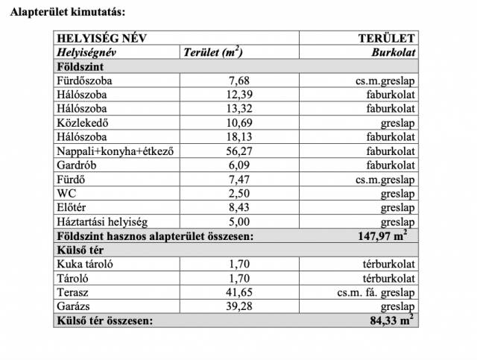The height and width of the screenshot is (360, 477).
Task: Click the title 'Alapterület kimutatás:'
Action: pyautogui.click(x=63, y=13)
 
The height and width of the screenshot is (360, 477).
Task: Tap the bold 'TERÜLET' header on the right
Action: pyautogui.click(x=387, y=40)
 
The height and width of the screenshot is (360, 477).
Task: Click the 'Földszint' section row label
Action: pyautogui.click(x=77, y=66)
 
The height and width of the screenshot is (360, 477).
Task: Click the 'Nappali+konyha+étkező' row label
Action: pyautogui.click(x=115, y=151)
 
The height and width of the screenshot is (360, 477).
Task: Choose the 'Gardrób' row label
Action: pyautogui.click(x=77, y=165)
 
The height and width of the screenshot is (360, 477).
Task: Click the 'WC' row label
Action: pyautogui.click(x=66, y=194)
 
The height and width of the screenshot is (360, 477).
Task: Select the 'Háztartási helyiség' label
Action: pyautogui.click(x=102, y=222)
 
